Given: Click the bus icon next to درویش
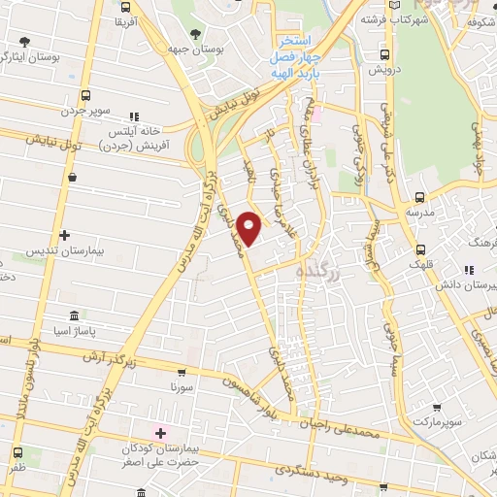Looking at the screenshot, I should [385, 54].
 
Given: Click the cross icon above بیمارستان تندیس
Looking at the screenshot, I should [64, 235].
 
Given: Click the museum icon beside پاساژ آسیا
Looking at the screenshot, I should [75, 315].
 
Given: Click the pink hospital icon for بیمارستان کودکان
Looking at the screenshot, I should [160, 431].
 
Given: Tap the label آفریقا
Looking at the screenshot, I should [126, 20].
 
